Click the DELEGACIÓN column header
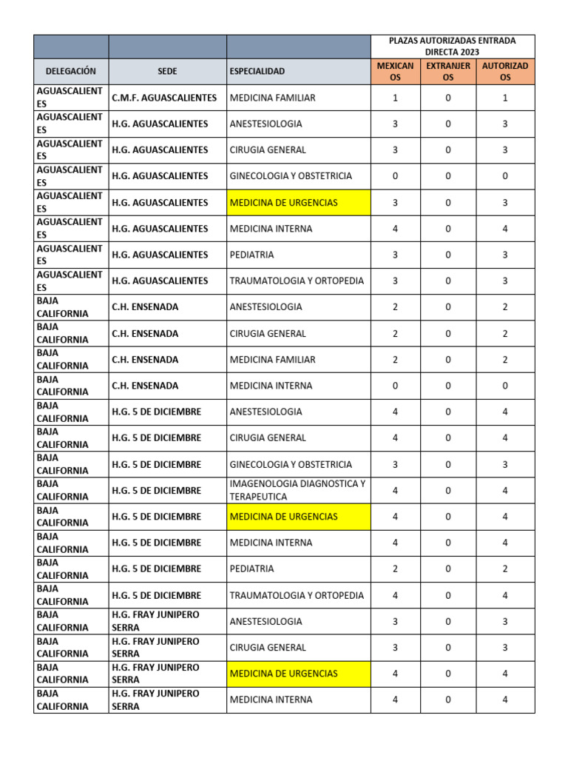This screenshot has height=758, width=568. click(71, 71)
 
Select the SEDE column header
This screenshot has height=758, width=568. click(167, 71)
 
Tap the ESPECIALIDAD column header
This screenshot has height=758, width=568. click(257, 71)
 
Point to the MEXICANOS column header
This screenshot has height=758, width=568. click(395, 71)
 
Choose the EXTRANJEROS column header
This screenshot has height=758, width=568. click(448, 71)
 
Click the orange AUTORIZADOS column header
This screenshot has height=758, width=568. click(505, 71)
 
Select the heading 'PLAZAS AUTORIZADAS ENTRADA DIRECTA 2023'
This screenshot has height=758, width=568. click(452, 46)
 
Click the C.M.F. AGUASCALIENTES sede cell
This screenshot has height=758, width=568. click(164, 98)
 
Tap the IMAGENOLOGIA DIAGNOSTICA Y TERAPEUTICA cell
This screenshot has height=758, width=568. click(297, 490)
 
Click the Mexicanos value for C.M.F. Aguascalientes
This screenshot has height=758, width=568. click(395, 98)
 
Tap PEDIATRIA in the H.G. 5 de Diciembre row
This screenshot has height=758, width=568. click(252, 569)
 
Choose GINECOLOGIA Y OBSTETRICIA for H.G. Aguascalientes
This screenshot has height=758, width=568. click(291, 176)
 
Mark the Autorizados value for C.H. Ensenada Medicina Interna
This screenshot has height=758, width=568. click(505, 386)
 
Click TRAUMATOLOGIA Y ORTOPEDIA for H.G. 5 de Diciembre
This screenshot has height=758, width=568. click(297, 595)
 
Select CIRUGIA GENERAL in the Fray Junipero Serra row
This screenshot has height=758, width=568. click(268, 648)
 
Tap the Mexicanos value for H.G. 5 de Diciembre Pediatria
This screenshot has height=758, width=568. click(395, 569)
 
